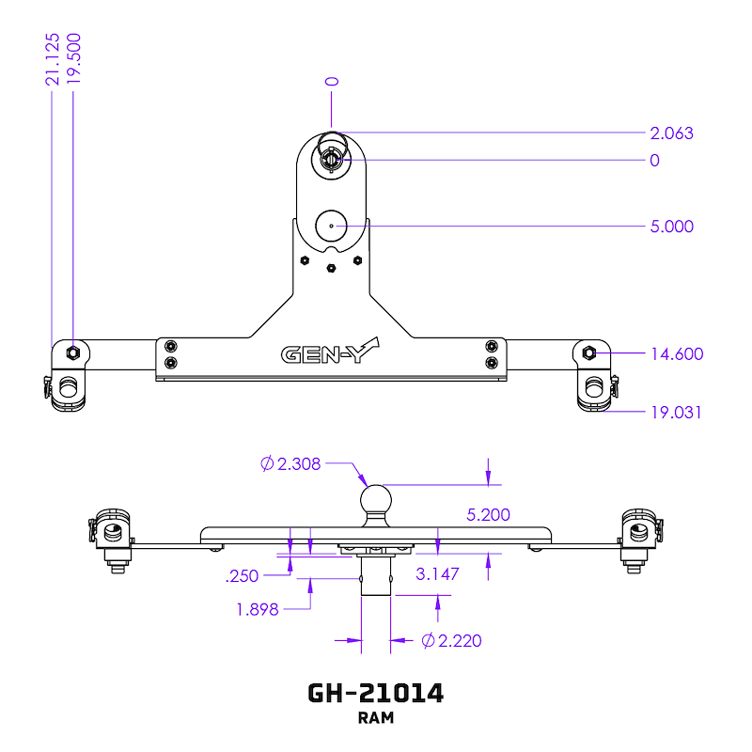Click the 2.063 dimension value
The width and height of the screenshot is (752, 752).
[x=671, y=133]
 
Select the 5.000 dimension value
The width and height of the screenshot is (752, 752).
[x=671, y=227]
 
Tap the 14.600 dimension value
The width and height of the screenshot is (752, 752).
[x=677, y=354]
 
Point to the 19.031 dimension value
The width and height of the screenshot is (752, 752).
[x=676, y=413]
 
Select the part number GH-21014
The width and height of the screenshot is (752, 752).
[x=376, y=694]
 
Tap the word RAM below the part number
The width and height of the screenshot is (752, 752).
[x=376, y=719]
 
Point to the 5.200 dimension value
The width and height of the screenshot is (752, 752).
[x=489, y=515]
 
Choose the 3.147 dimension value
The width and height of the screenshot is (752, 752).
[x=437, y=573]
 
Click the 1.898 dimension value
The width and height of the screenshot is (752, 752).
[x=258, y=609]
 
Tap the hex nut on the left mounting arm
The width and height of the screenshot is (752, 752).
[x=72, y=352]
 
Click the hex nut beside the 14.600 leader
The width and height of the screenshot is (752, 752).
[x=589, y=353]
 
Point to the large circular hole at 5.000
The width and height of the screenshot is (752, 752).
[x=331, y=226]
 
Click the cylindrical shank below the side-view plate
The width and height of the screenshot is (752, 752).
[x=376, y=576]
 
